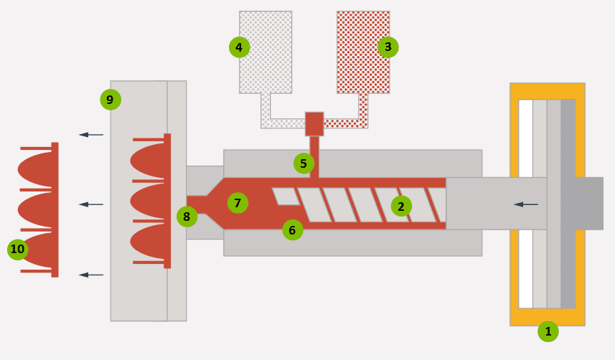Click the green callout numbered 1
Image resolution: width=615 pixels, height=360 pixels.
pyautogui.click(x=548, y=331)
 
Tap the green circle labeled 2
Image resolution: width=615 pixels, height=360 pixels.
pyautogui.click(x=401, y=207)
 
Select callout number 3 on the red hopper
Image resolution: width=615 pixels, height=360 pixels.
pyautogui.click(x=388, y=47)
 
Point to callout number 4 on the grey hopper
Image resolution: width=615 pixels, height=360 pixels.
pyautogui.click(x=239, y=47)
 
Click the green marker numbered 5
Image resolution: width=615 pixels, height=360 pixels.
pyautogui.click(x=304, y=164)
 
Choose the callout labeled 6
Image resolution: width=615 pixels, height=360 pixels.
pyautogui.click(x=292, y=229)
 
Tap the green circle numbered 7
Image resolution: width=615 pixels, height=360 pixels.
pyautogui.click(x=238, y=203)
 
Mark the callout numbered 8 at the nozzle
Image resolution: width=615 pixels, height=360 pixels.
pyautogui.click(x=187, y=216)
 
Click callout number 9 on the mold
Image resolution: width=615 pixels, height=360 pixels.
pyautogui.click(x=110, y=100)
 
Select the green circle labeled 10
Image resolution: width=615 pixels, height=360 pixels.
pyautogui.click(x=17, y=250)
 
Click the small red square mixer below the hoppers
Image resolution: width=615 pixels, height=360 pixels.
pyautogui.click(x=315, y=123)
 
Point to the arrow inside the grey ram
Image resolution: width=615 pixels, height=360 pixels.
pyautogui.click(x=526, y=204)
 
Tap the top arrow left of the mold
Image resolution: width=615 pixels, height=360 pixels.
pyautogui.click(x=91, y=134)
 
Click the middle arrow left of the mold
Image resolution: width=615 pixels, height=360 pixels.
pyautogui.click(x=91, y=204)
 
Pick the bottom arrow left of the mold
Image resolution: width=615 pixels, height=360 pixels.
pyautogui.click(x=91, y=275)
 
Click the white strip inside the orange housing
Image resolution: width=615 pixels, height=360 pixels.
pyautogui.click(x=525, y=158)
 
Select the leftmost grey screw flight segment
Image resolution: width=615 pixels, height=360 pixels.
pyautogui.click(x=285, y=195)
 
